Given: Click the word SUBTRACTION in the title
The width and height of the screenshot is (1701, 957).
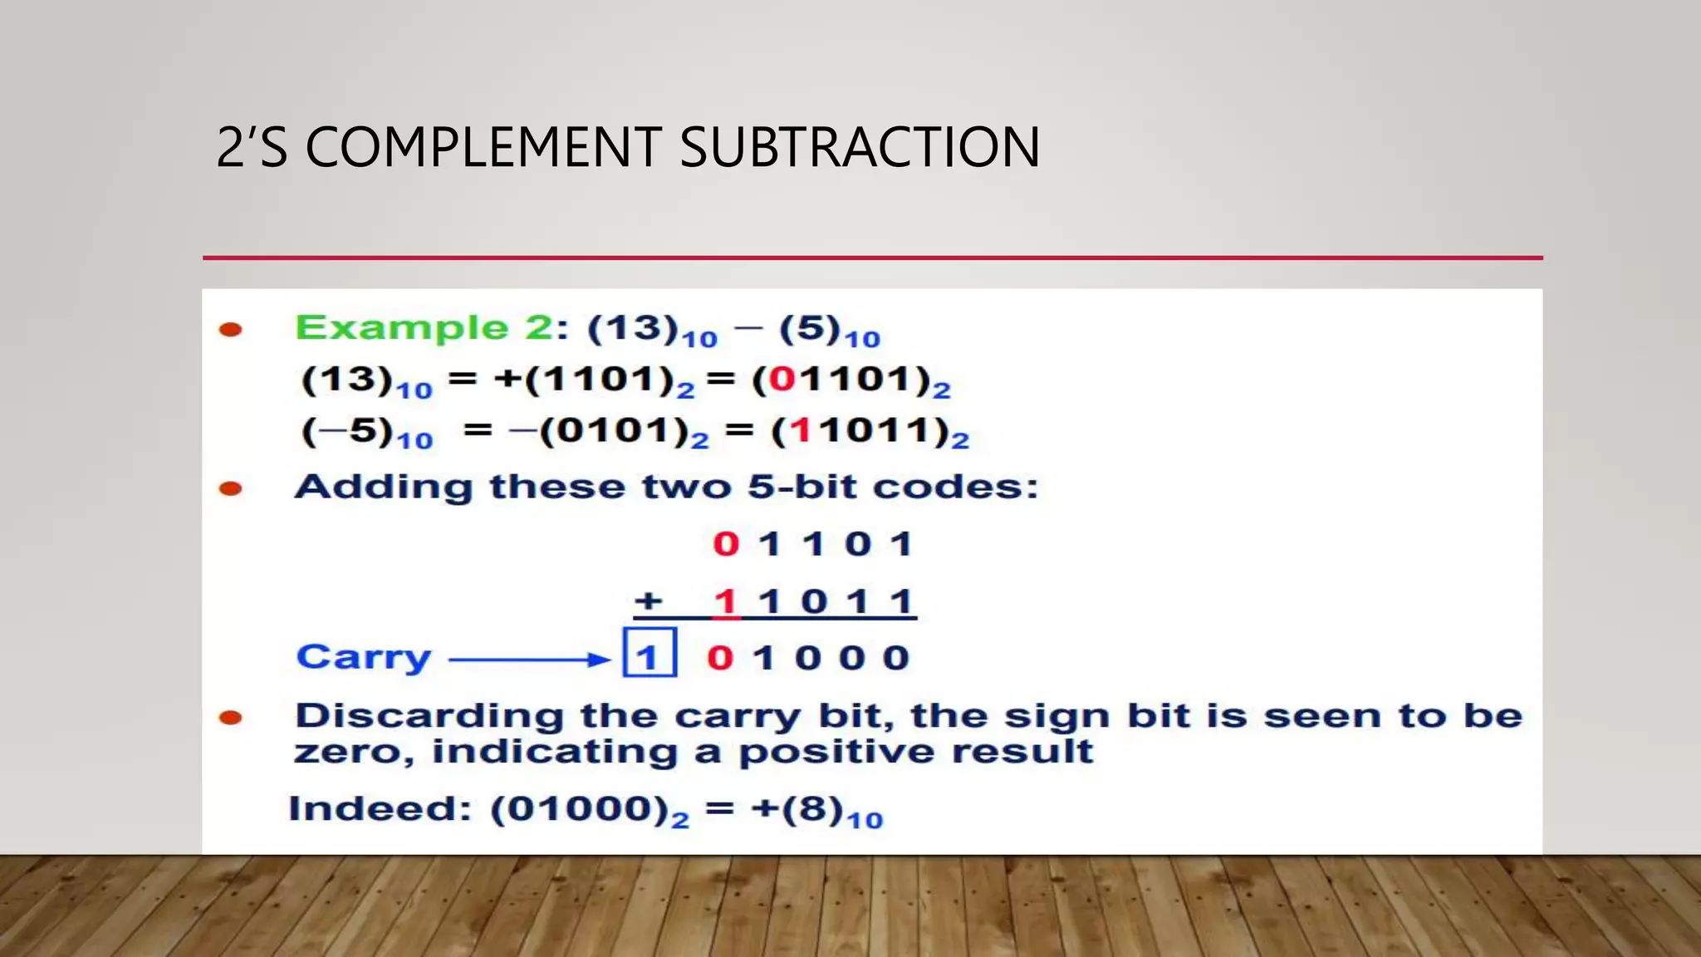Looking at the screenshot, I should coord(860,148).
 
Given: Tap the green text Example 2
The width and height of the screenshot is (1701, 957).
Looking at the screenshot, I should coord(424,328).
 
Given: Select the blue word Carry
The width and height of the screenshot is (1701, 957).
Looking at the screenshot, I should coord(364,658).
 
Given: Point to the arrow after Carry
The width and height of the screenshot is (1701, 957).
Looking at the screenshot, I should coord(530,660).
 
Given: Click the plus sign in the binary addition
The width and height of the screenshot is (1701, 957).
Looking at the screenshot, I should coord(649,601).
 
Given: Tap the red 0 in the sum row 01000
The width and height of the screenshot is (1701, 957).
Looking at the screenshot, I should coord(720,658).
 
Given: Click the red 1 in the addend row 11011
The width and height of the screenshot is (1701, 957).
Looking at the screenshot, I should coord(726,601).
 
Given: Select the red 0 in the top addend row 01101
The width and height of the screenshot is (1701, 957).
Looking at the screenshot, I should coord(726,545).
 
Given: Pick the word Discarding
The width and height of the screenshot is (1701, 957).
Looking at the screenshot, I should coord(429,716).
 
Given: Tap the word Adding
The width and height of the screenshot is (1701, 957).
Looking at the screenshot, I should coord(384,487).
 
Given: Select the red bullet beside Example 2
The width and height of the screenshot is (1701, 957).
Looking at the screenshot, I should coord(230,330).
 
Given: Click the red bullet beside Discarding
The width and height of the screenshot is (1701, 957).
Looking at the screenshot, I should coord(230,718).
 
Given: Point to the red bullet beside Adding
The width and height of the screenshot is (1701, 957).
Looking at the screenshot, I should coord(230,488).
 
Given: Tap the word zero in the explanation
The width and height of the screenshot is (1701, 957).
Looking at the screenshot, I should coord(352,753).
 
